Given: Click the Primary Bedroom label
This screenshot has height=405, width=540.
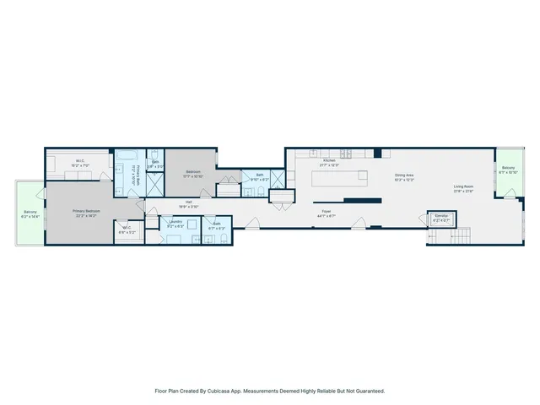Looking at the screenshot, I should [86, 212].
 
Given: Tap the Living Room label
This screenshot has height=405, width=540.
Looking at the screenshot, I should [463, 187].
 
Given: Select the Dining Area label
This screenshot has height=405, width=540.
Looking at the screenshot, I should [404, 176].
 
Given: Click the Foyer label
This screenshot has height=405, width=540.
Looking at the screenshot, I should [326, 213].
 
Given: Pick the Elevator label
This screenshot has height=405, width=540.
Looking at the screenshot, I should [440, 217].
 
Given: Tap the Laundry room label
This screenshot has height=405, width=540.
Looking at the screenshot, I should [175, 223].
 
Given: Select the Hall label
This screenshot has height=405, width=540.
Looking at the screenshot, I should [191, 202].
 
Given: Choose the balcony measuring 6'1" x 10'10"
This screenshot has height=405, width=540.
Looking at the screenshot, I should [508, 170].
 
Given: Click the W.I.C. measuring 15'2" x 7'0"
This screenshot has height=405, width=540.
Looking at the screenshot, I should [79, 162].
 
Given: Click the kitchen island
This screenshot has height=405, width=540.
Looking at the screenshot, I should [340, 178].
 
